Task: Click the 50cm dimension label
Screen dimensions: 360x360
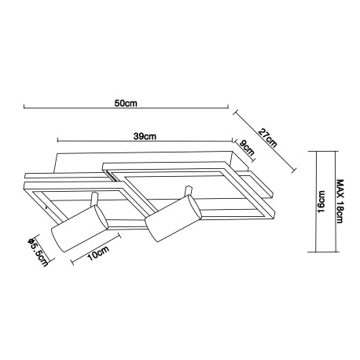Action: (x=126, y=103)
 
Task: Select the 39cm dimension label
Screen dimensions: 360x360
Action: (x=145, y=137)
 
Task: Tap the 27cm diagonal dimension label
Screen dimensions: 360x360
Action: (x=267, y=138)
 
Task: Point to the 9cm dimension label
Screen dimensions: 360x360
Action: (x=247, y=149)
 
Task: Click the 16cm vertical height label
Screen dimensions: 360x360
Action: (x=321, y=202)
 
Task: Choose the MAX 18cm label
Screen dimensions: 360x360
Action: (x=340, y=201)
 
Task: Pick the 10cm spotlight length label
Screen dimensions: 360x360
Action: (x=98, y=253)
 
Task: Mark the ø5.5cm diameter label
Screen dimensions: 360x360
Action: (x=39, y=252)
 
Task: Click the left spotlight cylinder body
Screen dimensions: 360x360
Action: (x=79, y=229)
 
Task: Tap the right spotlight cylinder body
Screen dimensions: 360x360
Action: (x=174, y=219)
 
